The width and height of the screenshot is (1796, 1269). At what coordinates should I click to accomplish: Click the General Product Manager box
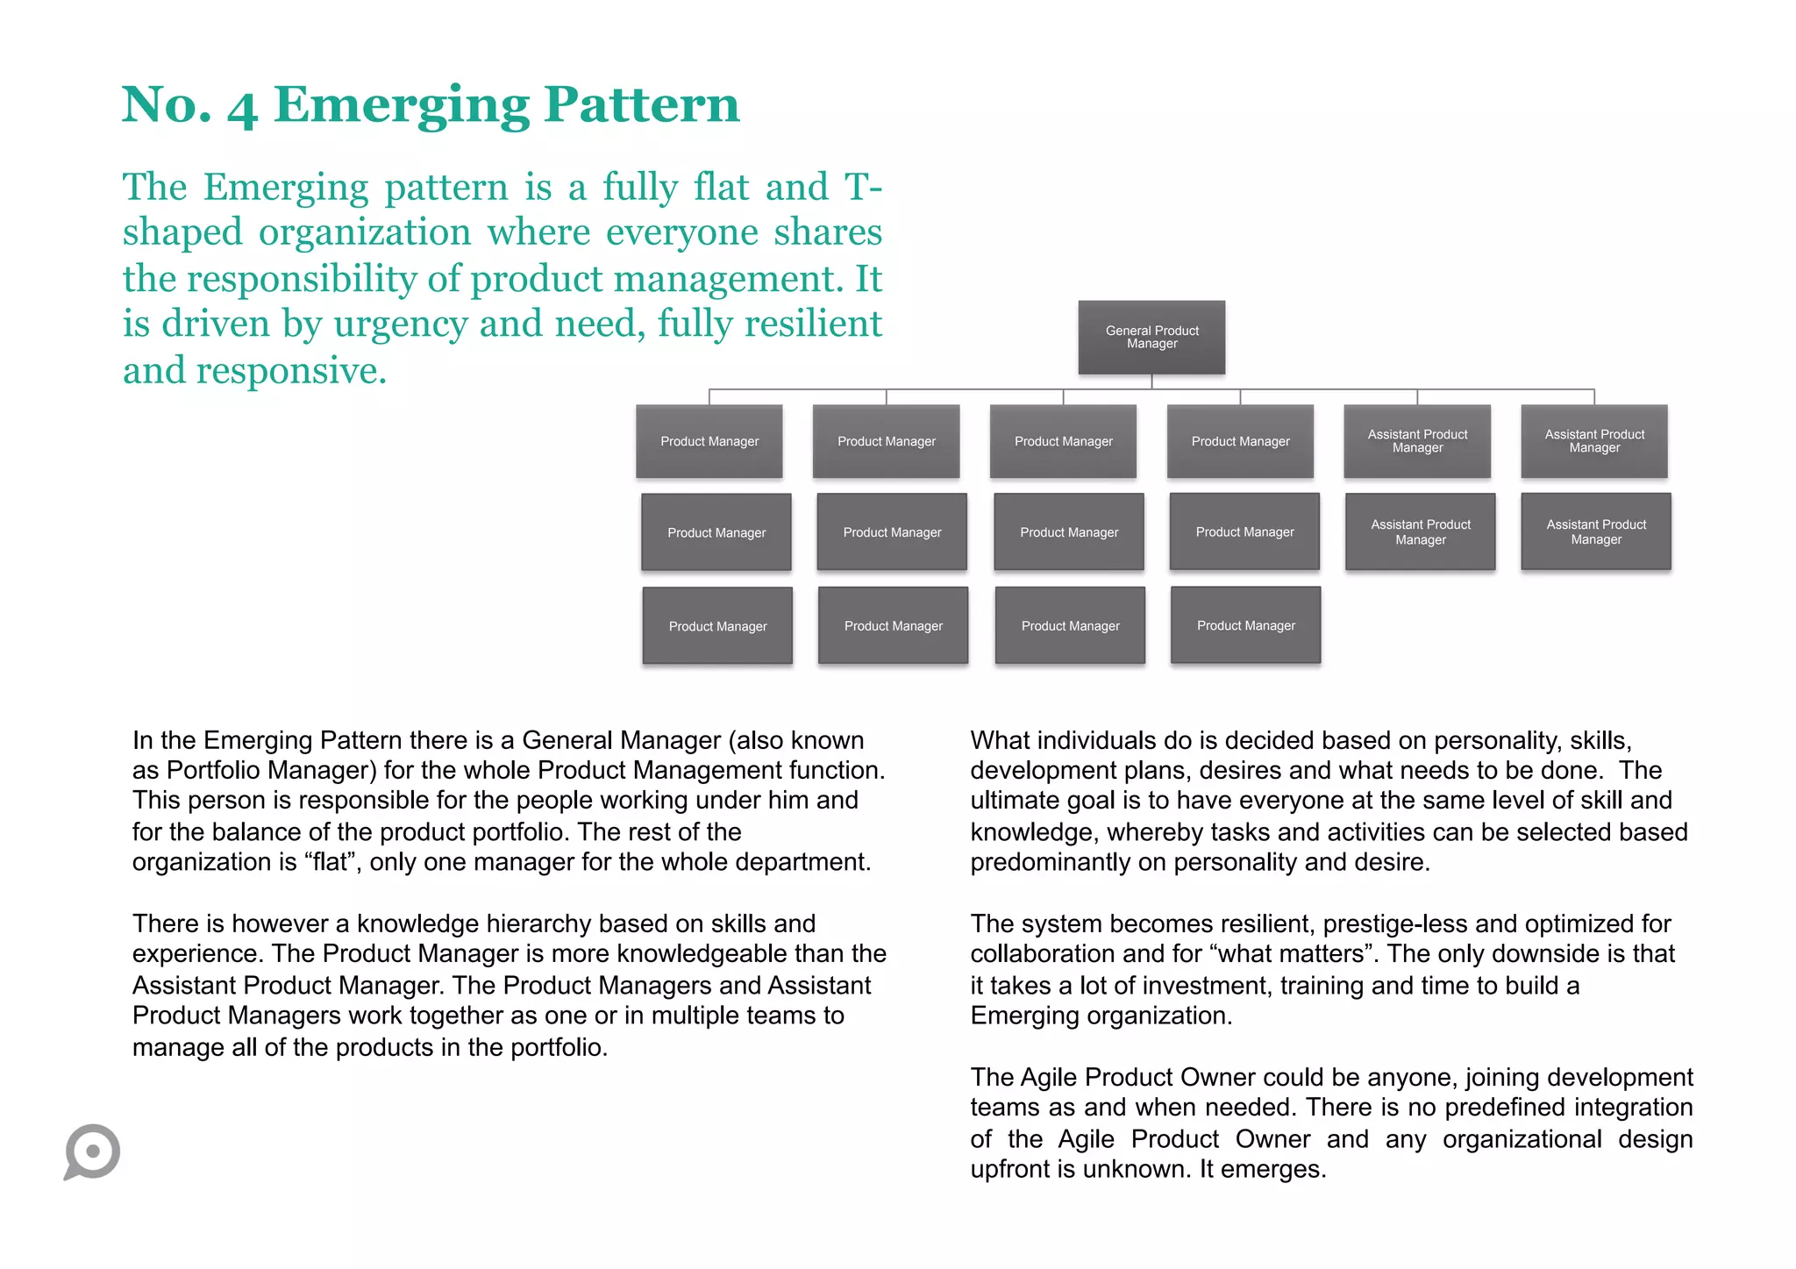(1151, 338)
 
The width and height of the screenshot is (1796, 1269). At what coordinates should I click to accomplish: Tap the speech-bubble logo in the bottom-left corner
(92, 1151)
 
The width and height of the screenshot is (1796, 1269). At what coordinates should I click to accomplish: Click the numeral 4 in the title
(242, 109)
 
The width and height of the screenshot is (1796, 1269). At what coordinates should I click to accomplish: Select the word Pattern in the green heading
(641, 104)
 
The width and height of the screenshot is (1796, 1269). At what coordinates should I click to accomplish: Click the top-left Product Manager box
(709, 441)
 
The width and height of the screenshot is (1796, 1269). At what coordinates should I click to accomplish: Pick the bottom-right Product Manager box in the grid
(1245, 625)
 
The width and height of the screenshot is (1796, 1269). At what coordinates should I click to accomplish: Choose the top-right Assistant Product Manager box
(1594, 441)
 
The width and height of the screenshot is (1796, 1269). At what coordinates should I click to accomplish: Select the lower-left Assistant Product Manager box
(1421, 531)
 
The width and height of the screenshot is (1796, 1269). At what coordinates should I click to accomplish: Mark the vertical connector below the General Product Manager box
(1151, 381)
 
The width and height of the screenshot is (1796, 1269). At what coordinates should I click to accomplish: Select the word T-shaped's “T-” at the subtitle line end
(863, 188)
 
